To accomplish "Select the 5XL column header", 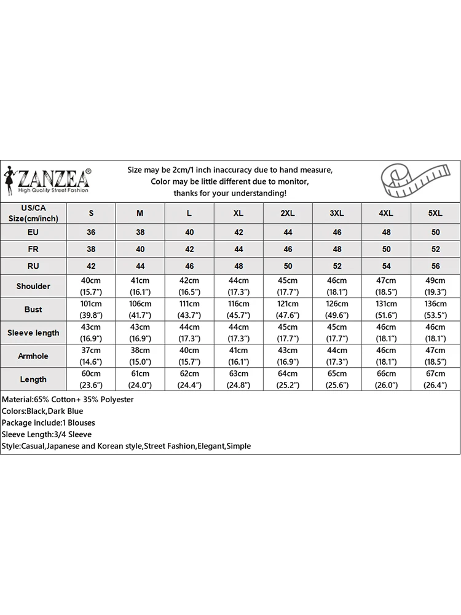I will point(435,213).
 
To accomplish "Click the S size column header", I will point(92,213).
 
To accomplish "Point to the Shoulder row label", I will point(33,286).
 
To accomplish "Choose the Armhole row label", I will point(33,356).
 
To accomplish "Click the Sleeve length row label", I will point(33,333).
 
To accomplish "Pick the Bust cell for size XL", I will point(238,309).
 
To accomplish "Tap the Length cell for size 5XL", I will point(435,379).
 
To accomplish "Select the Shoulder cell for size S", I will point(92,286).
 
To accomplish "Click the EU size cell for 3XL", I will point(337,232).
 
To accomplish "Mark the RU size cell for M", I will point(140,266).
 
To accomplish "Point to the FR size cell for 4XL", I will point(385,249).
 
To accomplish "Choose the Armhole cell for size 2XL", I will point(288,356).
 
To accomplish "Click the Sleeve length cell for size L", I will point(189,333).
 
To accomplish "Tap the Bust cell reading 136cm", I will point(435,309).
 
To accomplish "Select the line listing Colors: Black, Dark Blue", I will point(42,411).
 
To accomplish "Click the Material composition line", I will point(68,399).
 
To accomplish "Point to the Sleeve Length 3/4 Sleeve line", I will point(47,434).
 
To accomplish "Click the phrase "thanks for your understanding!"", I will point(230,193).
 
